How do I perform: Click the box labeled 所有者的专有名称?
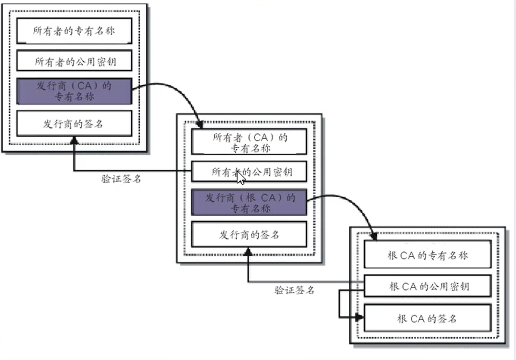74,31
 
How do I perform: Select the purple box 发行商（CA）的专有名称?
74,91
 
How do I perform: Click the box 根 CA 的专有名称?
427,255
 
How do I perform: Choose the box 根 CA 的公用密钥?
427,286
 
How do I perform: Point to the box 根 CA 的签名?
427,318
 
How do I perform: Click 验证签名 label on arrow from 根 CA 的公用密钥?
295,291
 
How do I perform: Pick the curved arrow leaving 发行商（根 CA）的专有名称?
344,201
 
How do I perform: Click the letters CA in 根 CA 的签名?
417,319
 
